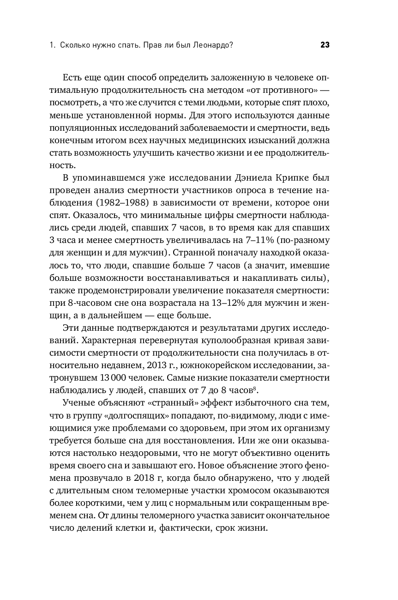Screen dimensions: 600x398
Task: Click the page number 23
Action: click(324, 45)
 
